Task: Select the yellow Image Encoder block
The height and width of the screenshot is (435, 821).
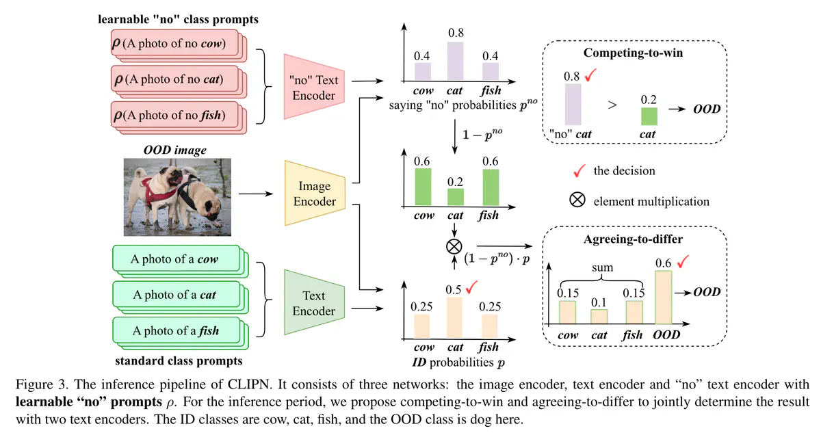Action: (315, 194)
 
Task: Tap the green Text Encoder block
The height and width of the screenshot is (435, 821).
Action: (314, 303)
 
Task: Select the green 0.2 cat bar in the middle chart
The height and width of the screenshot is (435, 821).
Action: (455, 197)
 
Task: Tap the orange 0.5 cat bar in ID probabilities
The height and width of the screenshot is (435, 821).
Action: (455, 318)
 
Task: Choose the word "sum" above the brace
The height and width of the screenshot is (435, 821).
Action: (602, 269)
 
